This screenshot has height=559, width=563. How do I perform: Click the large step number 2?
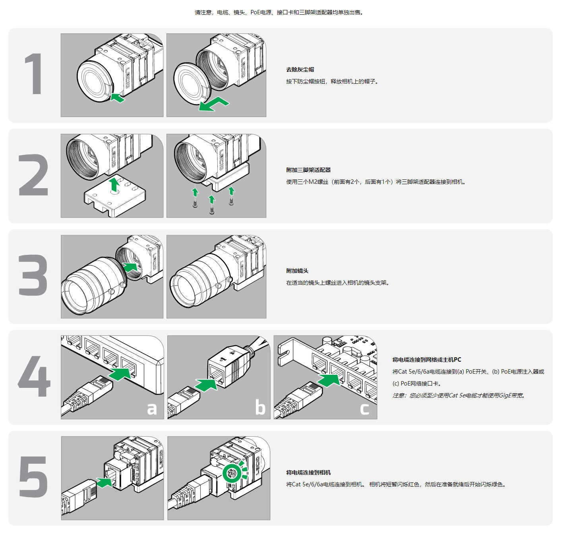(x=33, y=175)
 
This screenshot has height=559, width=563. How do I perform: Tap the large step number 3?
(x=33, y=275)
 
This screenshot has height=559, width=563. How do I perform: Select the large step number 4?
(x=34, y=376)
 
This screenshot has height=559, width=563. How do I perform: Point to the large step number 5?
(x=33, y=477)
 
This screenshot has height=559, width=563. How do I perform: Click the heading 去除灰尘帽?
(x=300, y=69)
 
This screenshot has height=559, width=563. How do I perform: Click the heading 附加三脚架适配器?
(x=308, y=170)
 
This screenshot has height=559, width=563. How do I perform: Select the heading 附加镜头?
(x=297, y=271)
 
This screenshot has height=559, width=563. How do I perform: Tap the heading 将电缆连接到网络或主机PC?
(x=427, y=360)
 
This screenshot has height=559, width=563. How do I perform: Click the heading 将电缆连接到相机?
(x=308, y=472)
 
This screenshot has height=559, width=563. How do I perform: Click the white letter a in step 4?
(x=152, y=409)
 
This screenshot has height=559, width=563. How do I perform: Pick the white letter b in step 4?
(x=260, y=407)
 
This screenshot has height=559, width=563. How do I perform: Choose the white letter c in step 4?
(x=364, y=409)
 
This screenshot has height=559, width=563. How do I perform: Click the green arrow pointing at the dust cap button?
(x=118, y=98)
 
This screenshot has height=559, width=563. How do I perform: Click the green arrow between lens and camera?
(x=130, y=267)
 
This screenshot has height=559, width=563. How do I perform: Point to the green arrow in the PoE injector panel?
(x=206, y=384)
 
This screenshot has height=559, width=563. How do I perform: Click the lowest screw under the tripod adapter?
(x=212, y=210)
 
